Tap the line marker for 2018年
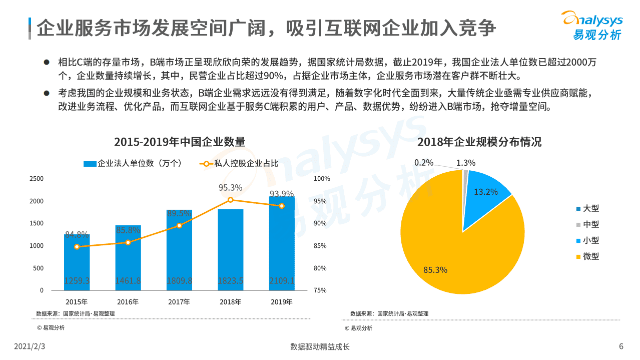point(230,200)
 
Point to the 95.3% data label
point(230,188)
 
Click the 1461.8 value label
point(128,281)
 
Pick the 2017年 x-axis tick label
point(179,302)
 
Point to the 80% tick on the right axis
point(320,268)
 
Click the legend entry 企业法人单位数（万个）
point(133,164)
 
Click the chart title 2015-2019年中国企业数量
point(180,142)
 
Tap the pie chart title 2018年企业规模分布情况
point(479,142)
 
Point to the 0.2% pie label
point(424,163)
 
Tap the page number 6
point(621,346)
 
